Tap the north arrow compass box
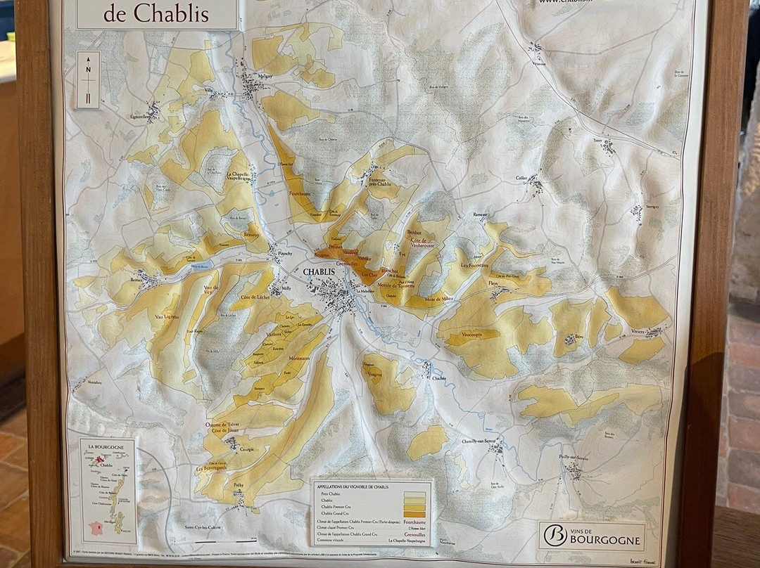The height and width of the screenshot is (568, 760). (89, 79)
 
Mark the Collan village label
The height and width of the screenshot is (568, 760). (521, 179)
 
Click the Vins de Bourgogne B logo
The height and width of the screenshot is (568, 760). (555, 535)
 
